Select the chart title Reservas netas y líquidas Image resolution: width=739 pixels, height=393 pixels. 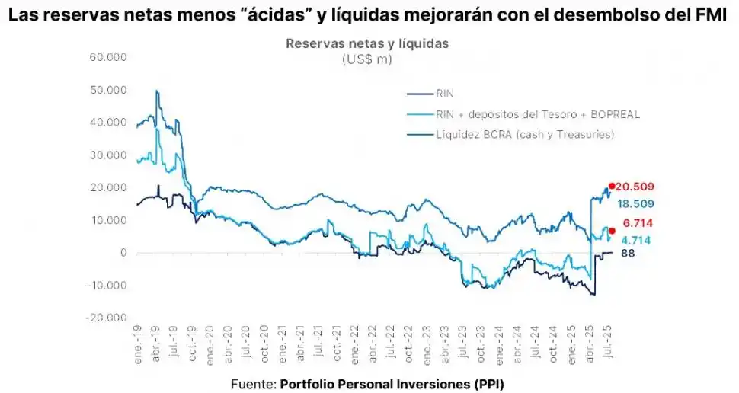coord(367,43)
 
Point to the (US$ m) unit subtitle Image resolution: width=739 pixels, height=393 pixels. coord(367,59)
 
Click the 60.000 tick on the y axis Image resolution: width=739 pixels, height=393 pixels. coord(108,57)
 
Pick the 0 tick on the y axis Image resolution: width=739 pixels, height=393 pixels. coord(121,253)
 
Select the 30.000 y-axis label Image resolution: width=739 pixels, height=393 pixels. coord(108,155)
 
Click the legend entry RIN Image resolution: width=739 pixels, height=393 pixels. coord(445,94)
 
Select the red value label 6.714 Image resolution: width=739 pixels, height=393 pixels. coord(637,223)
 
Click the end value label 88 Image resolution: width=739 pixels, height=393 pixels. coord(628,254)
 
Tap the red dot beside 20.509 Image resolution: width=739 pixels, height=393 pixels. coord(612,186)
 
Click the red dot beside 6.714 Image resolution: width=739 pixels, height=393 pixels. coord(612,230)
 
